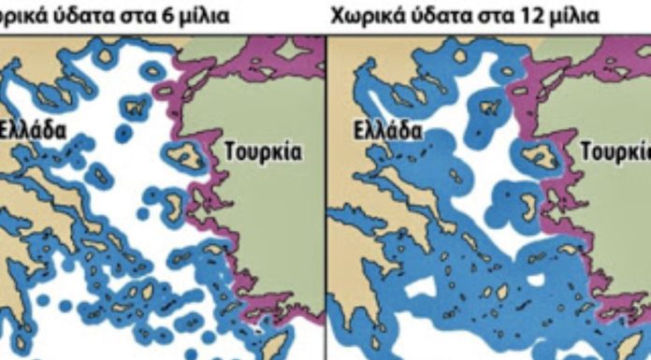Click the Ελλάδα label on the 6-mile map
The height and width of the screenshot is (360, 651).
point(34,129)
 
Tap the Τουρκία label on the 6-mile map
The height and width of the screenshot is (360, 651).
point(262,152)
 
